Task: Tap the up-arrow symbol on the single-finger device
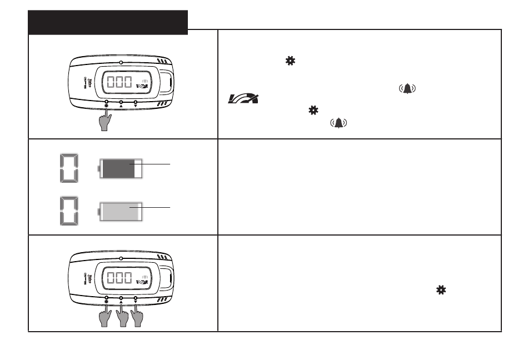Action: point(121,107)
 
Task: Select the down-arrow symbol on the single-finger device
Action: point(136,107)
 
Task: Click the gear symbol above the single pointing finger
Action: point(107,107)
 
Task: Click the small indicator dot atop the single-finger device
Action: point(121,62)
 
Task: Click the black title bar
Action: point(108,22)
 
